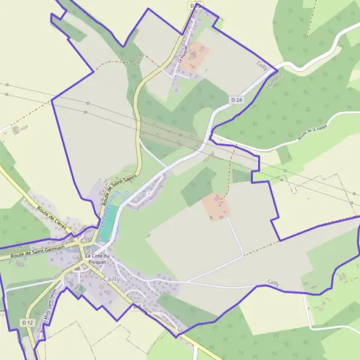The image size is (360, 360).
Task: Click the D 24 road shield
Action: click(235, 99)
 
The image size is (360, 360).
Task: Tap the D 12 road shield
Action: click(27, 323)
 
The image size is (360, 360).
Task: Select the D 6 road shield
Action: click(137, 306)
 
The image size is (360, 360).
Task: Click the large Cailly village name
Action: click(112, 279)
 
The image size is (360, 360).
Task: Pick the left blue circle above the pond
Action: click(117, 193)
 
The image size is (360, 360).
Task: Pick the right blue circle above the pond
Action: click(127, 193)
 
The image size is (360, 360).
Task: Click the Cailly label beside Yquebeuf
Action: click(262, 65)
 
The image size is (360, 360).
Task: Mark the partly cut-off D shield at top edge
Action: click(196, 5)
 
